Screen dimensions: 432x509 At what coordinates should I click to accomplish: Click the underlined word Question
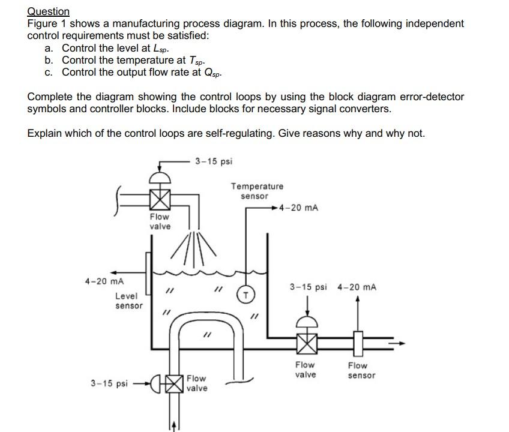pyautogui.click(x=49, y=11)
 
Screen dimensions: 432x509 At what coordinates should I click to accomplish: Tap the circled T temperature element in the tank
pyautogui.click(x=245, y=293)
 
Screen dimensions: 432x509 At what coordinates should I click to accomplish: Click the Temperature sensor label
pyautogui.click(x=257, y=191)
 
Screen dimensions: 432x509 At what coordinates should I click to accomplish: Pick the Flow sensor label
pyautogui.click(x=361, y=370)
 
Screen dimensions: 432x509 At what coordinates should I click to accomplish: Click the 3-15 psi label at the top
pyautogui.click(x=213, y=161)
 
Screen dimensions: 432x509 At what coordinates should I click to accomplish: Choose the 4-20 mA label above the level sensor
pyautogui.click(x=104, y=281)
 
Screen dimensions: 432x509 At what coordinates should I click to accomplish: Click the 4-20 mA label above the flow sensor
pyautogui.click(x=357, y=287)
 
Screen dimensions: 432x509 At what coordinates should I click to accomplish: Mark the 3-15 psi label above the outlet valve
pyautogui.click(x=308, y=287)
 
